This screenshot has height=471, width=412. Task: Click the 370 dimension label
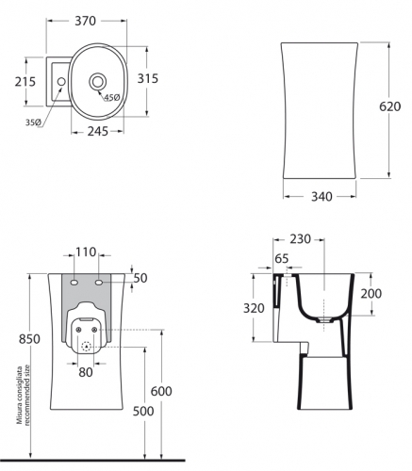[85, 21]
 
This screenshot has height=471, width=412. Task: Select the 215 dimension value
[25, 82]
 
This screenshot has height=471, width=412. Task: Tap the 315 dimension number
[148, 78]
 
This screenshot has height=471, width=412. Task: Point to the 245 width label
[98, 131]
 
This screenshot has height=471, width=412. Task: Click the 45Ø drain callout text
[112, 98]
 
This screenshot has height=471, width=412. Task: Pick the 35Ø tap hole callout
[33, 122]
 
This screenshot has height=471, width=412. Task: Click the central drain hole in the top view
[98, 81]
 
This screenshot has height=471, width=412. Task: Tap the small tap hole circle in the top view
[61, 81]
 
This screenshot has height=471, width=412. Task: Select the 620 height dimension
[389, 106]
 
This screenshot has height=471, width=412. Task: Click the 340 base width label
[321, 197]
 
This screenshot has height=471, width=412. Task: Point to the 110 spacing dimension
[86, 252]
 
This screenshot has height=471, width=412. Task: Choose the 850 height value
[29, 339]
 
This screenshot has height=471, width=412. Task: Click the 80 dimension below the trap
[86, 372]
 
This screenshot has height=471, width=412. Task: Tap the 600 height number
[161, 391]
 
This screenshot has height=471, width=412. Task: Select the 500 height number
[143, 411]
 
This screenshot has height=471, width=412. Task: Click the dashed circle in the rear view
[86, 347]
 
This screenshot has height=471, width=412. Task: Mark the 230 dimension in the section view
[300, 239]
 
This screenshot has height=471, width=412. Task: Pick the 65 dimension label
[282, 259]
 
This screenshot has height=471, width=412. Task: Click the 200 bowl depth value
[371, 294]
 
